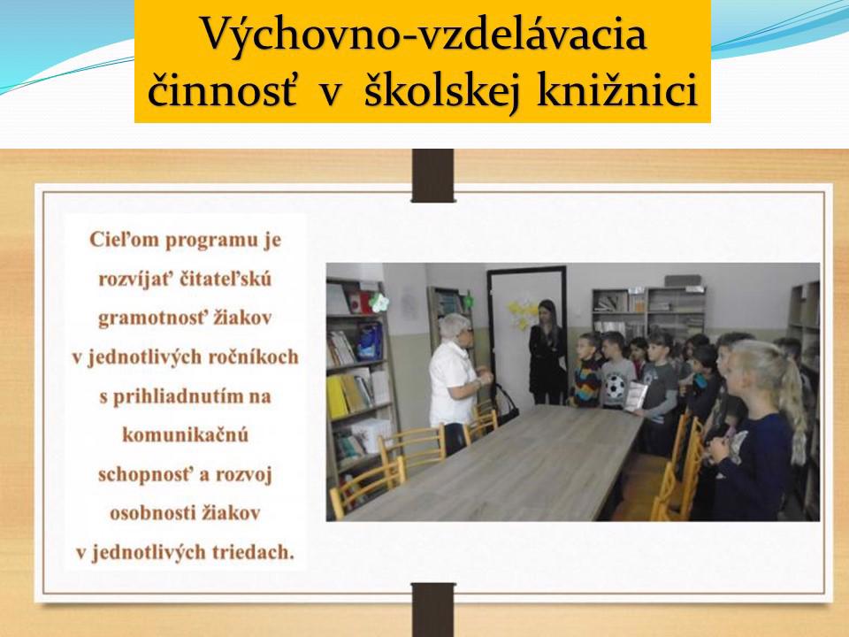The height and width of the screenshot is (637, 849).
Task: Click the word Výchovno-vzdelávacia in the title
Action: coord(424,35)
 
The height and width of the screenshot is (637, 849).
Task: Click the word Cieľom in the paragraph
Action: coord(124,240)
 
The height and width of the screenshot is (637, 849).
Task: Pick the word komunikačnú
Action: coord(185,434)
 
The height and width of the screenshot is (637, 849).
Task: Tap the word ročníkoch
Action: coord(260,357)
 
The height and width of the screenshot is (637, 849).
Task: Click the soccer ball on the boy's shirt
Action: coord(615,387)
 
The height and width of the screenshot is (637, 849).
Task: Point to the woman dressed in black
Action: coord(547,352)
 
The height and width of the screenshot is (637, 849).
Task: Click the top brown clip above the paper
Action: coord(432,175)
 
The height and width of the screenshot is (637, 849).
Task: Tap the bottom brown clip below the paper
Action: coord(433,610)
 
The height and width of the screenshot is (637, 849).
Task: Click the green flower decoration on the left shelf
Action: coord(379,303)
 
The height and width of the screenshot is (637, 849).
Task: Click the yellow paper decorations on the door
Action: coord(520,312)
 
